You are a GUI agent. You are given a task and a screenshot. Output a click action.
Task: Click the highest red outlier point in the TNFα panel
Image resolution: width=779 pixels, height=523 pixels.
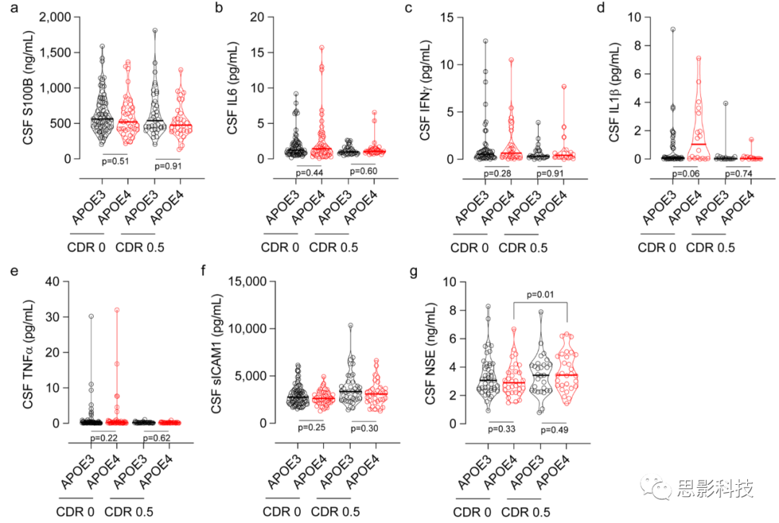117,310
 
